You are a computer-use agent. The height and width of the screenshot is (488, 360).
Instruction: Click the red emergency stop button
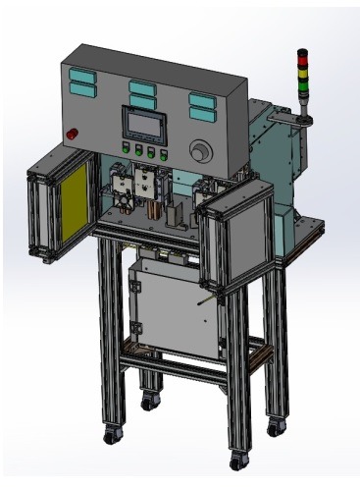71,133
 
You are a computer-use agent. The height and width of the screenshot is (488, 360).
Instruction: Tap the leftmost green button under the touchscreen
125,151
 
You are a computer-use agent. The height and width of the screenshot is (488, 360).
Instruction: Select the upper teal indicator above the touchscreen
141,87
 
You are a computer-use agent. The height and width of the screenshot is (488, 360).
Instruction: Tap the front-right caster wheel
237,460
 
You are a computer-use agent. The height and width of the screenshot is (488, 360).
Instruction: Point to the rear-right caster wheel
278,427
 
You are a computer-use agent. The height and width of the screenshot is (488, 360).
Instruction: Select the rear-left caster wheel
148,402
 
